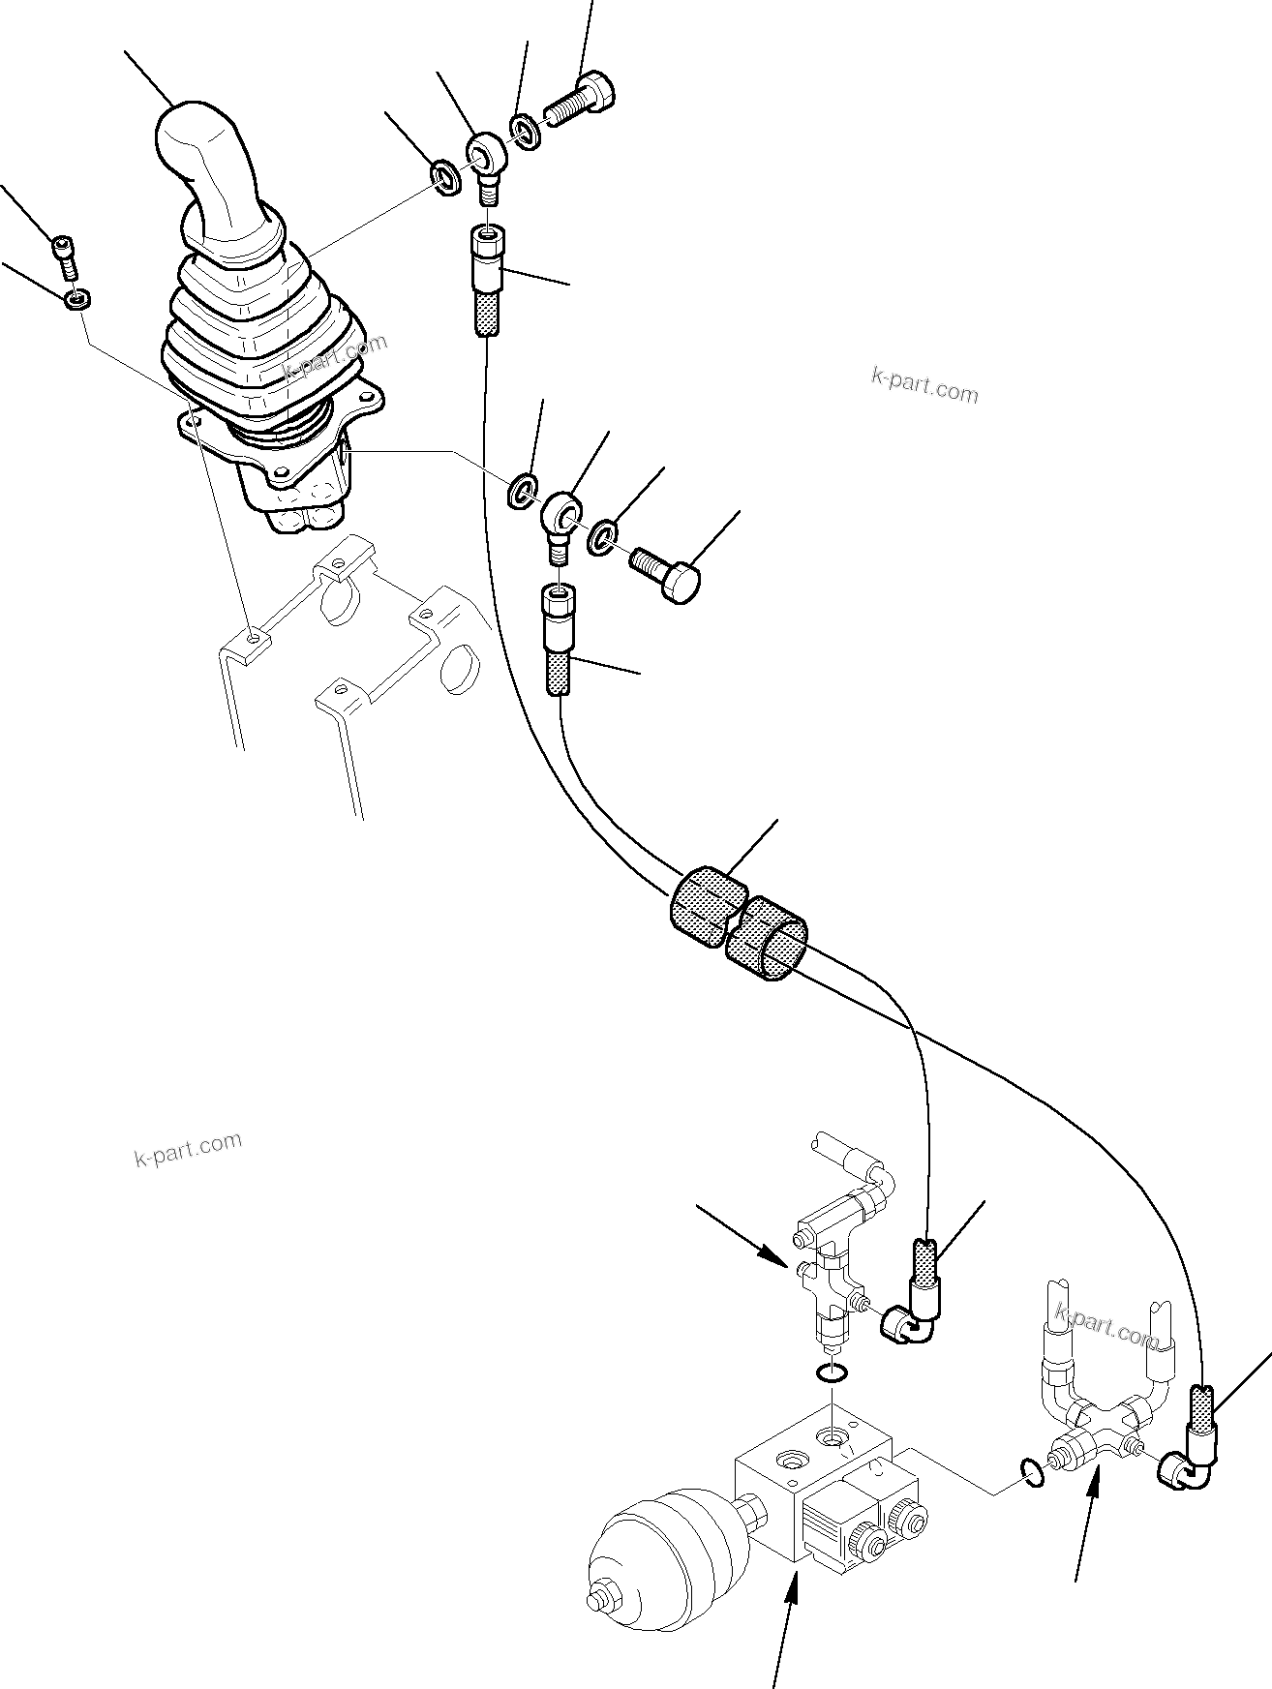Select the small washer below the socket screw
click(x=76, y=299)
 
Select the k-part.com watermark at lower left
click(x=188, y=1149)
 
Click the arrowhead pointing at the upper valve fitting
click(x=778, y=1257)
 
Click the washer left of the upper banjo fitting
click(x=445, y=179)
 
